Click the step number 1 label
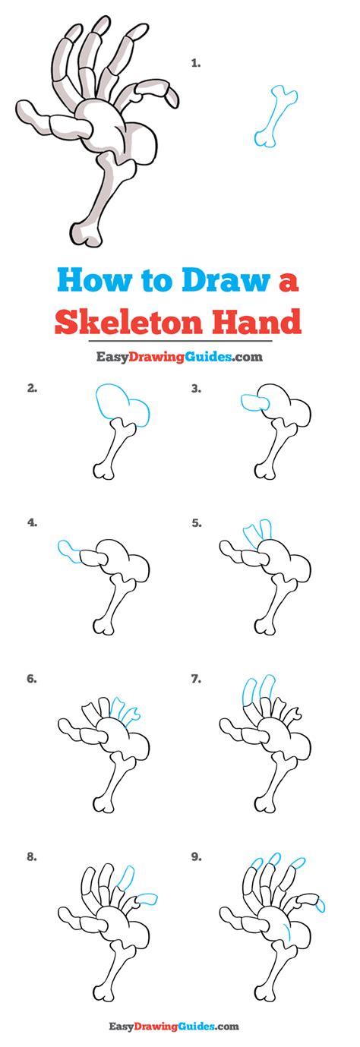(x=196, y=63)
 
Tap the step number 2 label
(x=32, y=388)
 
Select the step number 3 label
(x=196, y=388)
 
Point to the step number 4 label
(x=32, y=523)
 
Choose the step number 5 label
(x=197, y=523)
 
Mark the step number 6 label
(x=32, y=679)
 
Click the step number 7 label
(x=197, y=679)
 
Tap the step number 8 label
(x=32, y=856)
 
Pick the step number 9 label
(x=197, y=856)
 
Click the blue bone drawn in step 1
(x=276, y=116)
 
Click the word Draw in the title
(x=226, y=280)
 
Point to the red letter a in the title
(x=289, y=282)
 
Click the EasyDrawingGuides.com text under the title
(x=179, y=357)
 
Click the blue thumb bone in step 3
(x=254, y=403)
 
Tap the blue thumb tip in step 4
(x=68, y=551)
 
